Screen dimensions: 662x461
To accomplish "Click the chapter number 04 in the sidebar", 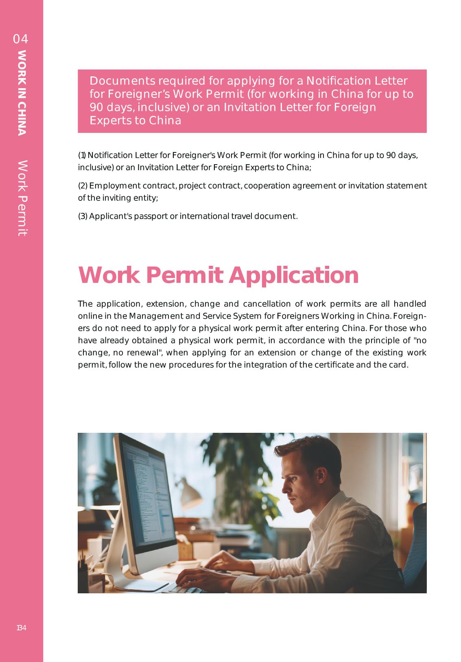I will click(x=20, y=39).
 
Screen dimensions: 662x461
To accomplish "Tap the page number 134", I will click(x=21, y=628).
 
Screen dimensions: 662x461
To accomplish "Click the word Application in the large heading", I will click(x=293, y=275).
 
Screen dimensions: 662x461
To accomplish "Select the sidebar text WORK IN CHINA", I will click(x=22, y=92).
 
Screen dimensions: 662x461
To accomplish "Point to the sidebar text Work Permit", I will click(x=22, y=198).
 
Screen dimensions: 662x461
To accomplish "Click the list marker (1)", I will click(x=82, y=155).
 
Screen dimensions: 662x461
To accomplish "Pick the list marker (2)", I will click(x=83, y=186).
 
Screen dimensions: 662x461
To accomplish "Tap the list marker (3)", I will click(x=83, y=216).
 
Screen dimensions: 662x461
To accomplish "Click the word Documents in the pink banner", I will click(x=122, y=81).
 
